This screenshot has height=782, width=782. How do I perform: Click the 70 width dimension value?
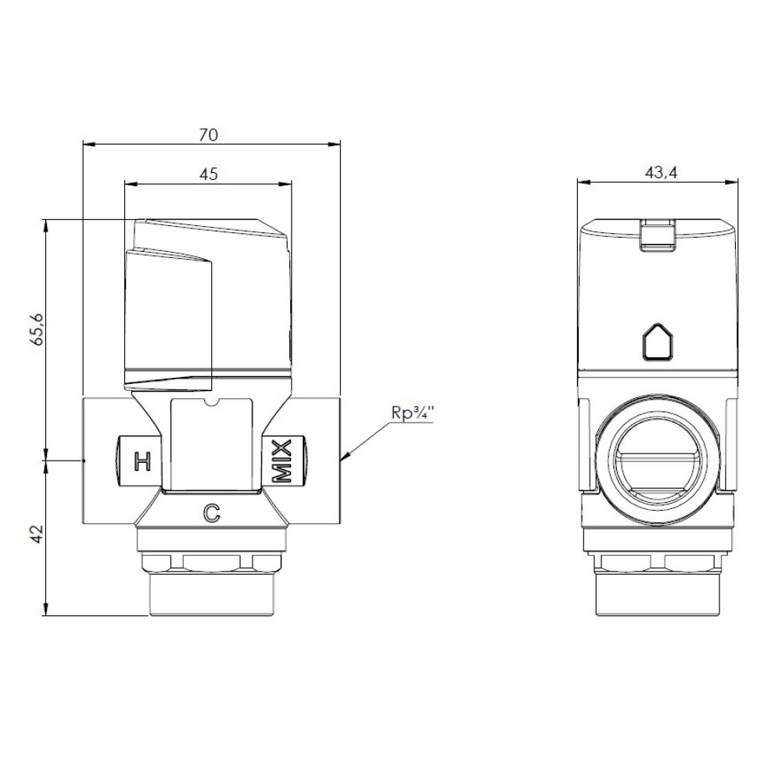click(x=209, y=135)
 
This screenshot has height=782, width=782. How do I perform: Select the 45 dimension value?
click(x=209, y=174)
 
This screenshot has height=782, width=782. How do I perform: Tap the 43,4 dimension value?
click(x=661, y=173)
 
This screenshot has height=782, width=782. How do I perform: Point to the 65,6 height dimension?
click(x=38, y=330)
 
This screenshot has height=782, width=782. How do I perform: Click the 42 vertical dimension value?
click(x=38, y=535)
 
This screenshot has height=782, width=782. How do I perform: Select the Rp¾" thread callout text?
click(x=412, y=414)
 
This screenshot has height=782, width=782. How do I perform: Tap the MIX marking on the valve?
click(x=282, y=461)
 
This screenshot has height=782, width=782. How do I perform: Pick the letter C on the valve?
click(x=211, y=513)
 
